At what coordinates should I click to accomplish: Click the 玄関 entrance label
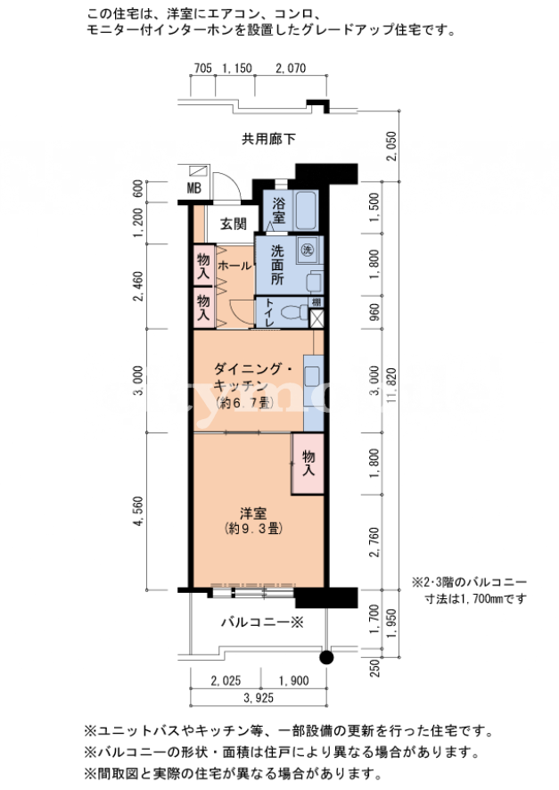[234, 224]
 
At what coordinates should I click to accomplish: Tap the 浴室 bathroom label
[278, 211]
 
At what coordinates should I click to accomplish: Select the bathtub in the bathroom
[306, 210]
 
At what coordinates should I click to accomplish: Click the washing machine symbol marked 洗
[307, 250]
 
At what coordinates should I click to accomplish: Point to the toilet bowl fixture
[294, 313]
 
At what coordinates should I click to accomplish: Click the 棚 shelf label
[316, 302]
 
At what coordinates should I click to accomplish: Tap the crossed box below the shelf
[316, 318]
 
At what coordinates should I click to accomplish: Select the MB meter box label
[193, 188]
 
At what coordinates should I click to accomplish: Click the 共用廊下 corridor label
[268, 138]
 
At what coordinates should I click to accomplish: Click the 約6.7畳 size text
[243, 402]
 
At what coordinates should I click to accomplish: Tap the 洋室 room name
[253, 514]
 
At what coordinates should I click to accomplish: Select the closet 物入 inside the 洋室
[308, 463]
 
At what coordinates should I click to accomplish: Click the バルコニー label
[262, 622]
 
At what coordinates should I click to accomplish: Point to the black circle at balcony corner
[327, 657]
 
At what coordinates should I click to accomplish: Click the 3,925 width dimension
[259, 698]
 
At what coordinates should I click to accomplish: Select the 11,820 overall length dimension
[392, 385]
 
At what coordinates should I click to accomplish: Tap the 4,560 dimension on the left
[138, 512]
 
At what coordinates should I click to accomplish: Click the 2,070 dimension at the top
[291, 68]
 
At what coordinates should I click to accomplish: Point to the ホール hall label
[234, 266]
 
